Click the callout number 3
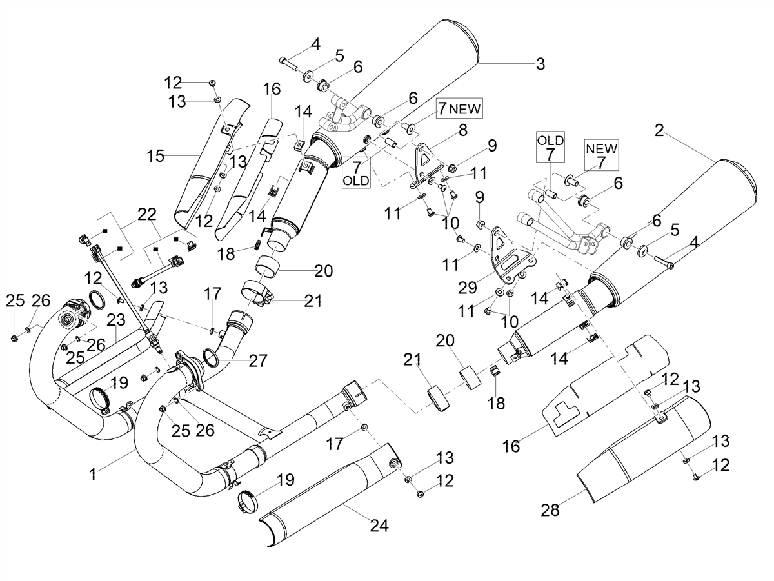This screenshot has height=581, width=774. point(541,64)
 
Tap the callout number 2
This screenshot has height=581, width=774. point(659,130)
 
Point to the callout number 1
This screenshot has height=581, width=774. point(93,475)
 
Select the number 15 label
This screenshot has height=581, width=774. point(155,155)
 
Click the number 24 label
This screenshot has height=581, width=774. point(379,526)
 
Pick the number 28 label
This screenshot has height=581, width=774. point(550,510)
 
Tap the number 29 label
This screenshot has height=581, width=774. point(468,288)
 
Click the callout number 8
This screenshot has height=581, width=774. point(463,130)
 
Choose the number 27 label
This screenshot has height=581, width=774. point(258,360)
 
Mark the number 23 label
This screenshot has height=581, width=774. point(116,319)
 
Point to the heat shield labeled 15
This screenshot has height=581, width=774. point(208,162)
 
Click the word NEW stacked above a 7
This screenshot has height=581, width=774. point(602,148)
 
